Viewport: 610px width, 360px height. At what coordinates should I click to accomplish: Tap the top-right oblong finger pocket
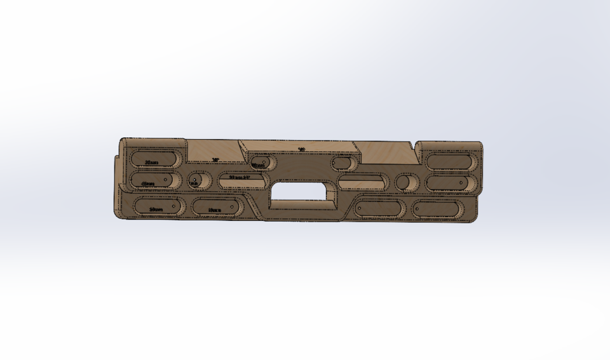pos(451,161)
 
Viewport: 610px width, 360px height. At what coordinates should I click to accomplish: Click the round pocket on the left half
pos(198,180)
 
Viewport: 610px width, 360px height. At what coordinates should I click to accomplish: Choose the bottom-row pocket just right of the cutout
pos(379,209)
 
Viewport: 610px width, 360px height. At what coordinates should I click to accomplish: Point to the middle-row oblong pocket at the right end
pos(450,183)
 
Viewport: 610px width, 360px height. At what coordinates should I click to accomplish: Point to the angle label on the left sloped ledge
pos(215,160)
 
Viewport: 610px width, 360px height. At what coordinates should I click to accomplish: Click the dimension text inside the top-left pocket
pos(151,163)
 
